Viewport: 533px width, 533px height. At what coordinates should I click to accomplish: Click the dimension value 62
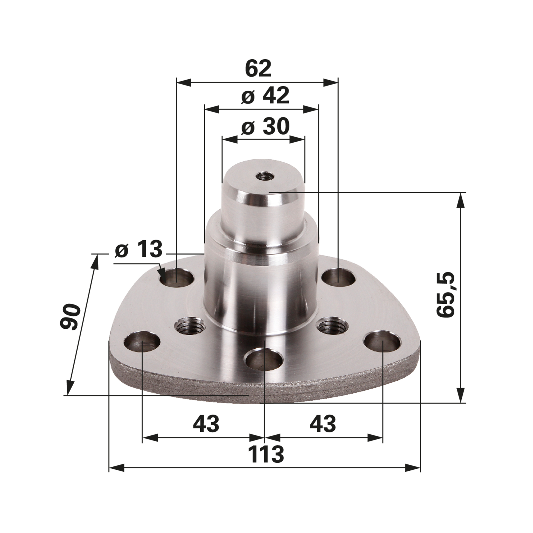point(258,69)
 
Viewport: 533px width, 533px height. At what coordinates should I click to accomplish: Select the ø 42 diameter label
point(265,97)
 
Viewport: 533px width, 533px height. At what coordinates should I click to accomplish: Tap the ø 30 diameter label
point(265,127)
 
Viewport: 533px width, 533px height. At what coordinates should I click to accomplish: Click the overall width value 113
point(266,454)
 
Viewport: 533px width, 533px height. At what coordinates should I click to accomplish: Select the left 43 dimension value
point(206,424)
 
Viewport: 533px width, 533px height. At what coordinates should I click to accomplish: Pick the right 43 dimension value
point(322,424)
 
